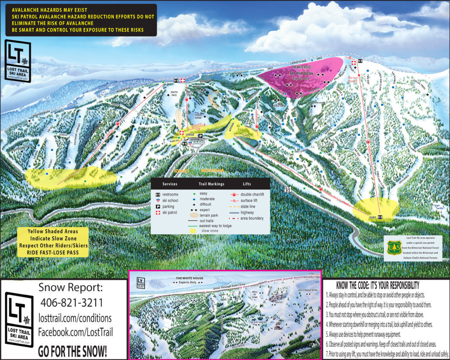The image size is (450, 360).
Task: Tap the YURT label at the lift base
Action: [373, 216]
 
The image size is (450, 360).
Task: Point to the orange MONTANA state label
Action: [213, 170]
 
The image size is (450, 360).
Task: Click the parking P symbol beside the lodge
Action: [201, 136]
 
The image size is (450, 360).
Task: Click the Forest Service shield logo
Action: [393, 248]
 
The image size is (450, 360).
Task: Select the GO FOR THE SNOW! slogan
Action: [72, 351]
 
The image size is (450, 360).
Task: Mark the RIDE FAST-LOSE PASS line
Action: [53, 252]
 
